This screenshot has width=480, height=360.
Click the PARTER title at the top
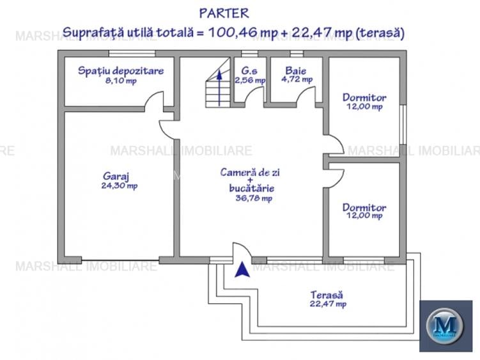click(x=224, y=13)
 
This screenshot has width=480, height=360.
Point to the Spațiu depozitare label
click(x=121, y=70)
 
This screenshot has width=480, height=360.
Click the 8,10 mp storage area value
click(x=121, y=81)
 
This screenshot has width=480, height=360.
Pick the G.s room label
click(x=249, y=70)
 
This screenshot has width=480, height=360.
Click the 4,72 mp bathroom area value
click(x=297, y=80)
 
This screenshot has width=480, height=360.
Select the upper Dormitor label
click(x=364, y=97)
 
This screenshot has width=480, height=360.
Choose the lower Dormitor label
click(x=364, y=207)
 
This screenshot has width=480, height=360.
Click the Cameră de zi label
click(x=251, y=172)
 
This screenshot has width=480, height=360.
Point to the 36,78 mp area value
click(x=254, y=198)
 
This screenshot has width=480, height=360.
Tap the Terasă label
click(x=327, y=295)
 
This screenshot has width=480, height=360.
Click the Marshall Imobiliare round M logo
click(x=445, y=325)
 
